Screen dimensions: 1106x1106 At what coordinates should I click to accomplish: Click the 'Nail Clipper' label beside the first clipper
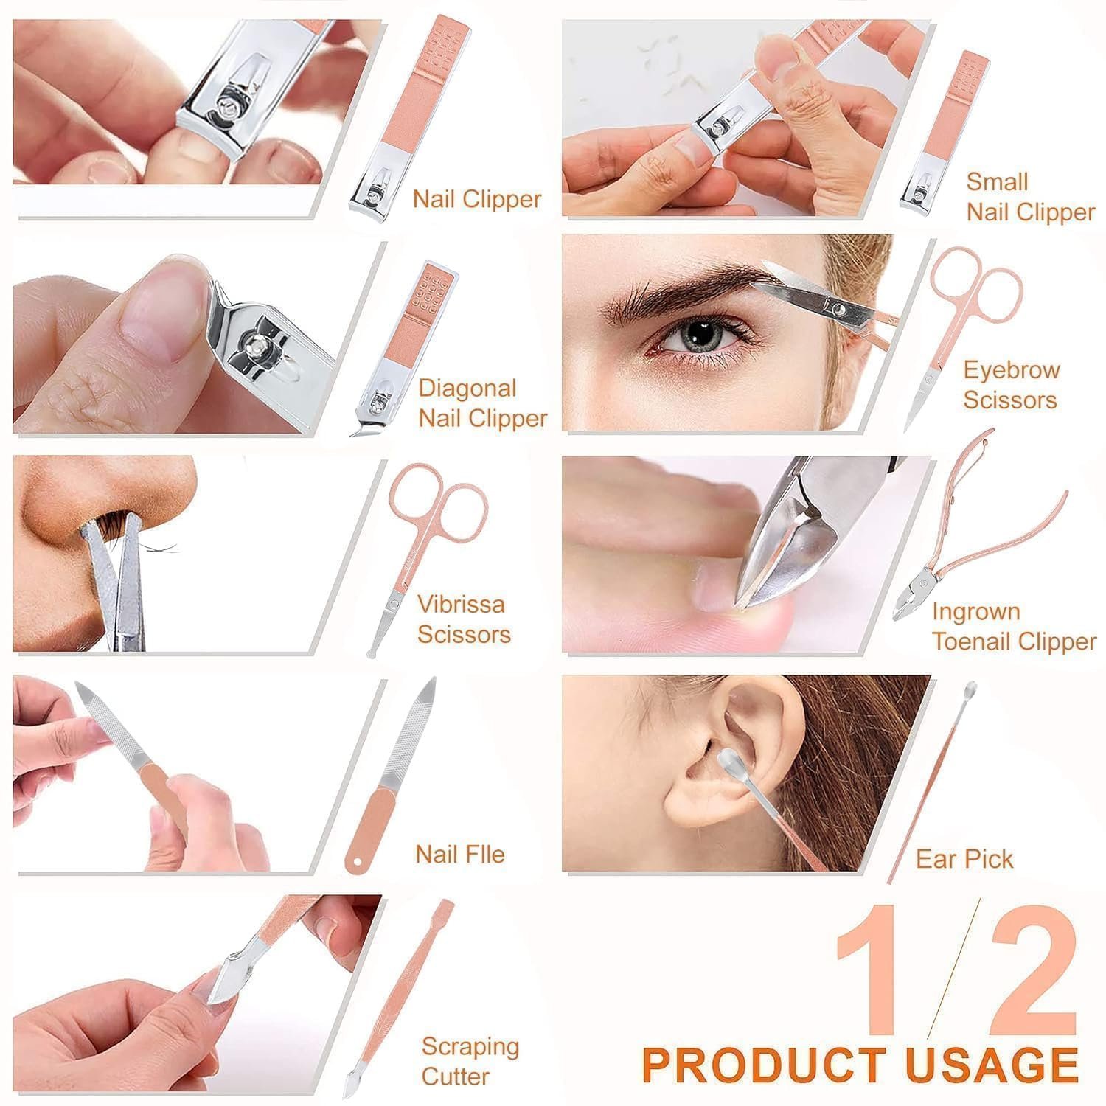[x=477, y=199]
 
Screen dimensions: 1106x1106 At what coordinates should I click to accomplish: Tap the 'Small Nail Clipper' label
[x=1030, y=197]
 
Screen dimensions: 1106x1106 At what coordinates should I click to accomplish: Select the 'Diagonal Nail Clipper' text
[x=483, y=403]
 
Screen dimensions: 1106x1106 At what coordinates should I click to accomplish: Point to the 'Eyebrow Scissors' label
[x=1011, y=385]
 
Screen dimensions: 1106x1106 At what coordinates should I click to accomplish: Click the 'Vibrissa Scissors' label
[x=464, y=619]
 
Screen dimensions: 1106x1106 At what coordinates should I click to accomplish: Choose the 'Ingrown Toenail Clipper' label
[x=1014, y=626]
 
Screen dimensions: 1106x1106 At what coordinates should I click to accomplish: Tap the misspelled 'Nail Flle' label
[x=460, y=854]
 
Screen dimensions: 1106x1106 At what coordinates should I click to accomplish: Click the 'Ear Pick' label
[x=964, y=859]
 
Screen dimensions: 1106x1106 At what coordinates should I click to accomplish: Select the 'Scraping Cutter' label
[x=470, y=1061]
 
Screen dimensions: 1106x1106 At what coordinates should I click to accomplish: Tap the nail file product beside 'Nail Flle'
[x=392, y=774]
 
